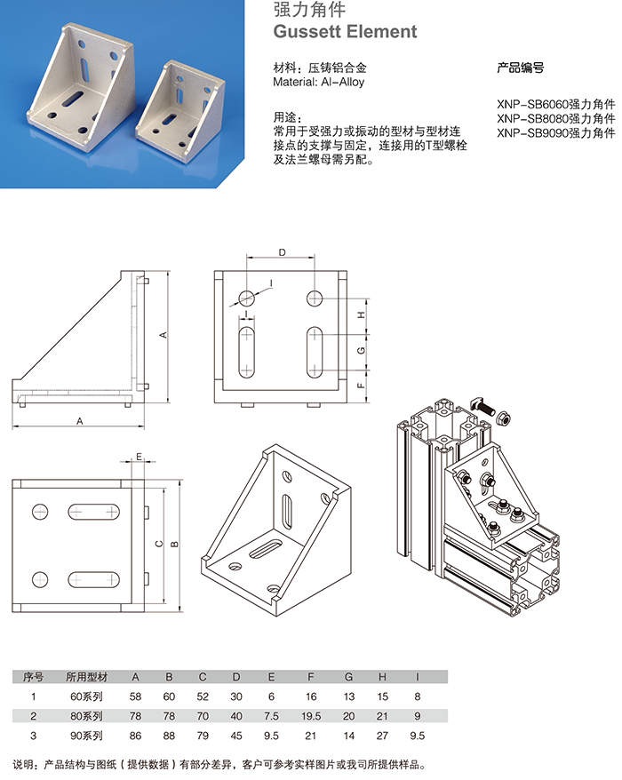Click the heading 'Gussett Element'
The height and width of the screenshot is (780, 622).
pyautogui.click(x=345, y=32)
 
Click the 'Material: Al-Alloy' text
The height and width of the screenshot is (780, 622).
pyautogui.click(x=319, y=82)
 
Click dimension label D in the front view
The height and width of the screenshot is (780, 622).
pyautogui.click(x=282, y=252)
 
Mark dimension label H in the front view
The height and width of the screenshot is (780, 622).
pyautogui.click(x=361, y=315)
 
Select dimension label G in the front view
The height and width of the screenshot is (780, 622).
pyautogui.click(x=361, y=351)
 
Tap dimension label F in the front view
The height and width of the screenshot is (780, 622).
pyautogui.click(x=361, y=386)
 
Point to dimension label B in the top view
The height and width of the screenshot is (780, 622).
pyautogui.click(x=174, y=544)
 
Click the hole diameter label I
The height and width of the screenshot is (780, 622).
pyautogui.click(x=270, y=283)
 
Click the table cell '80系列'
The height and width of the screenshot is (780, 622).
pyautogui.click(x=85, y=716)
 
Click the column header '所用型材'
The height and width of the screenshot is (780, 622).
pyautogui.click(x=85, y=677)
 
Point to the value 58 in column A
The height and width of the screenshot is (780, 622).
pyautogui.click(x=135, y=697)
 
